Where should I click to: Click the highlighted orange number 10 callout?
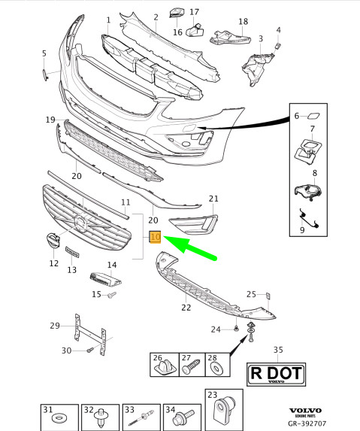click(155, 238)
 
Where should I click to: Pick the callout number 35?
click(278, 351)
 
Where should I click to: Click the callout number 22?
click(186, 306)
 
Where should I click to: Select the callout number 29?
click(54, 326)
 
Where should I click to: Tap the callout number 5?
click(44, 53)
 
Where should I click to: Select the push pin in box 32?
click(100, 417)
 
